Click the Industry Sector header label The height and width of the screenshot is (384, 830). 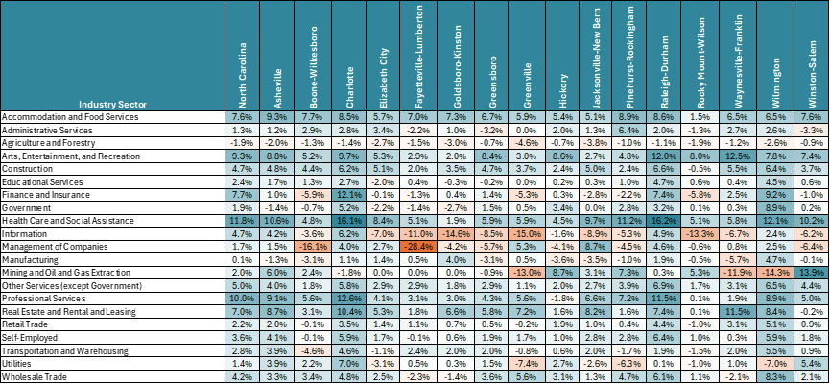click(x=112, y=104)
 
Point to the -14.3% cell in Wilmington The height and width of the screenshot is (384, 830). click(x=772, y=273)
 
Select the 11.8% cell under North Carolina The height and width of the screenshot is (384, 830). click(x=242, y=219)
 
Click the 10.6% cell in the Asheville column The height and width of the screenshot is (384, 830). click(x=275, y=219)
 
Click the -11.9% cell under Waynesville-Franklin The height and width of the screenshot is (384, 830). click(x=736, y=273)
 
